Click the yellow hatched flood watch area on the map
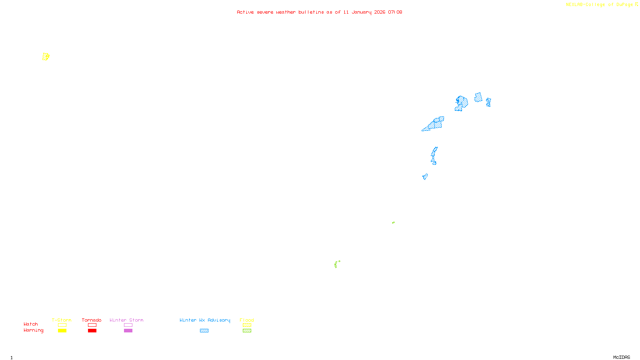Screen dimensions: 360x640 [46, 57]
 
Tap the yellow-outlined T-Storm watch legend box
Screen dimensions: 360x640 [62, 325]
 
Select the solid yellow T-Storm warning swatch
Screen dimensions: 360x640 [62, 331]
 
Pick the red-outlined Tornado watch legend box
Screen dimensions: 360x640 [92, 325]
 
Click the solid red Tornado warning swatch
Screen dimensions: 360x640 [92, 331]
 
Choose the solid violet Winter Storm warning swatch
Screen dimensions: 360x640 [128, 331]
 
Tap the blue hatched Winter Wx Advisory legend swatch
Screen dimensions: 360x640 [204, 331]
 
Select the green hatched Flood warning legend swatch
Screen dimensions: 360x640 [247, 331]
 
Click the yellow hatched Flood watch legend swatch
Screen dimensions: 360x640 [247, 325]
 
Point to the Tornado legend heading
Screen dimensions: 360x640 [92, 320]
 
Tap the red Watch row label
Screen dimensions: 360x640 [31, 324]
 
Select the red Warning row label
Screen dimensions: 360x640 [33, 330]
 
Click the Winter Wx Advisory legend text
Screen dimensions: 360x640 [205, 320]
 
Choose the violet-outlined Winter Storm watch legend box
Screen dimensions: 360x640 [128, 325]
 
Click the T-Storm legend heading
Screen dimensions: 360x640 [62, 320]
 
